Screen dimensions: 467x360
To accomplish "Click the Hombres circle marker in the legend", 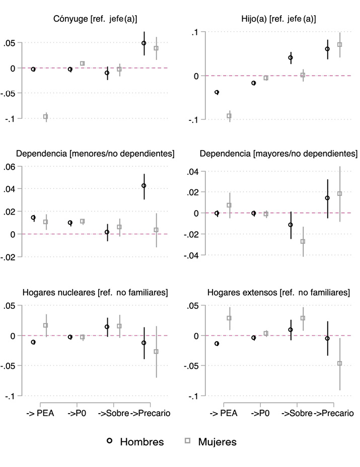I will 109,441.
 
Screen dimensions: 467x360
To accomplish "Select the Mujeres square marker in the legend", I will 187,441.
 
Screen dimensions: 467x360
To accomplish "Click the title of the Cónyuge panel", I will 95,19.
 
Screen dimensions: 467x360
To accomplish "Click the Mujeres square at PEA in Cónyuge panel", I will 46,117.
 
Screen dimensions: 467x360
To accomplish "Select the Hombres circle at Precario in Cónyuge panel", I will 144,43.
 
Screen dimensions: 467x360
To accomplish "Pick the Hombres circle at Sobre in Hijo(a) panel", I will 291,58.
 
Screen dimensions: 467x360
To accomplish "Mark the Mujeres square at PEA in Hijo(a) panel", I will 229,116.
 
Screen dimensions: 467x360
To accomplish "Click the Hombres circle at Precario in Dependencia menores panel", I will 144,186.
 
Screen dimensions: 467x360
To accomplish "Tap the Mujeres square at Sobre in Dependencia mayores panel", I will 303,241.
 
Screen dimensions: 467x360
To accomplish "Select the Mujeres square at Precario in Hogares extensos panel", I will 339,363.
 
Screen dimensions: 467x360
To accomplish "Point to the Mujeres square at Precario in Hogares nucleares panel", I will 156,352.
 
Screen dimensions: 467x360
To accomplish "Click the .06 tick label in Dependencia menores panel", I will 11,167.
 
